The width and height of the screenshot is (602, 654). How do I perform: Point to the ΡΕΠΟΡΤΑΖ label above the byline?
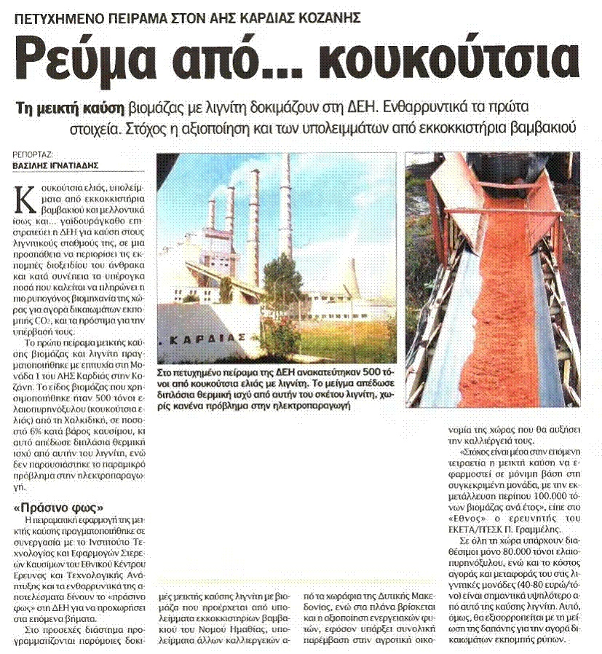coord(36,154)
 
